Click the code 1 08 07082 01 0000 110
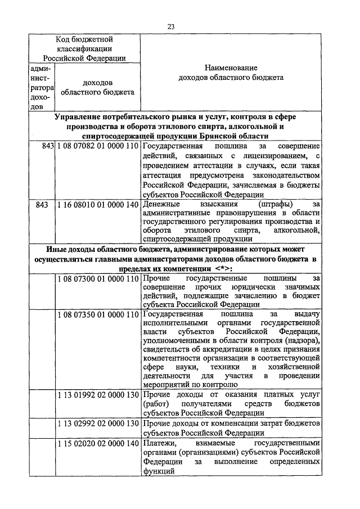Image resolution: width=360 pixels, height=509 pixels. point(97,146)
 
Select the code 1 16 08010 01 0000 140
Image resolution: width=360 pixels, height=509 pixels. point(97,205)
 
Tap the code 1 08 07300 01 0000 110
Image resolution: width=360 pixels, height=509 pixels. point(97,278)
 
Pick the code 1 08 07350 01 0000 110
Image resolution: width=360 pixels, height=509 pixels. point(97,314)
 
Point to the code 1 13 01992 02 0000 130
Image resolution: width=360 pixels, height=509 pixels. point(97,395)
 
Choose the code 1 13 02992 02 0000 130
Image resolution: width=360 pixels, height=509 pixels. point(97,422)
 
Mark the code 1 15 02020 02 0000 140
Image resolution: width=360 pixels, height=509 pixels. point(97,444)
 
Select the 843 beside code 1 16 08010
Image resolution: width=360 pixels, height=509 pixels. point(41,205)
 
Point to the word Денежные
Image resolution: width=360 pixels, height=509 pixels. point(160,205)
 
